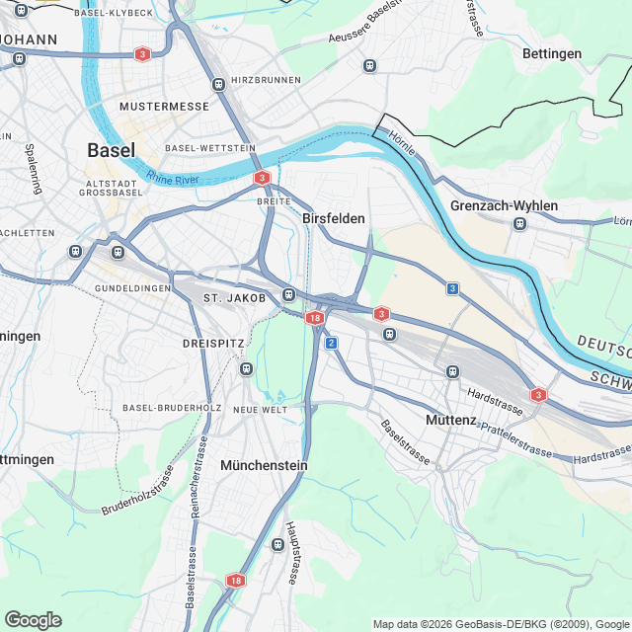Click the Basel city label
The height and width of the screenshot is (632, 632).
(x=111, y=150)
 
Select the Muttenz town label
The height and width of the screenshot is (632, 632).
(x=450, y=420)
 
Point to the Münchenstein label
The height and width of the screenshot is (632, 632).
(x=265, y=464)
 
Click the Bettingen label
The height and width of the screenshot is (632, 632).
(x=552, y=53)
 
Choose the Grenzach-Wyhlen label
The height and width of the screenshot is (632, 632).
(x=504, y=205)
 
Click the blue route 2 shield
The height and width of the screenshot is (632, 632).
(x=331, y=343)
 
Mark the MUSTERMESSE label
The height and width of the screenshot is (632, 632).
(x=152, y=105)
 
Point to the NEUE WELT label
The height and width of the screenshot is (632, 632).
(x=260, y=409)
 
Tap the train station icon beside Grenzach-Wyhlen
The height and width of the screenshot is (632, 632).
(x=518, y=224)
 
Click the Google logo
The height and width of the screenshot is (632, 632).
(x=33, y=619)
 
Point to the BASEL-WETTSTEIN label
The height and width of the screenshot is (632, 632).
(x=204, y=147)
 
